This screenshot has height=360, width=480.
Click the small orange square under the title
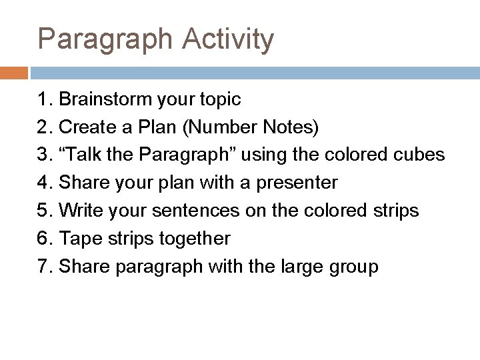tap(13, 73)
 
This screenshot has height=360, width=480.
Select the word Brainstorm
tap(106, 100)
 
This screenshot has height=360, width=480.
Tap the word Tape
tap(78, 239)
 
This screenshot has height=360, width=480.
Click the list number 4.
tap(44, 183)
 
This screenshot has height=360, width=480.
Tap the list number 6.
tap(44, 238)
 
